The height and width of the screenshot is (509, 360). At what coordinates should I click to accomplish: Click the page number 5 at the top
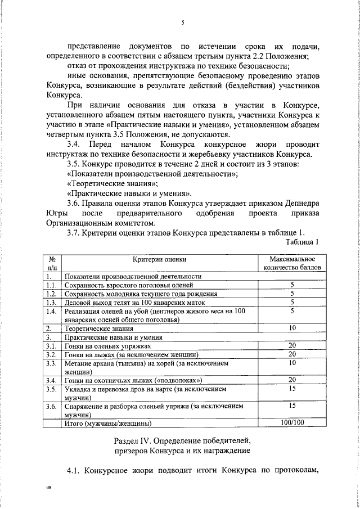point(183,22)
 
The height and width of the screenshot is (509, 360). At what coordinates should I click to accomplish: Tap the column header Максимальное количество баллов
point(292,263)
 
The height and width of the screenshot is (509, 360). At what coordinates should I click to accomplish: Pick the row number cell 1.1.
point(52,285)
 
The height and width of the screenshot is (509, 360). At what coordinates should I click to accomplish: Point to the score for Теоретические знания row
point(292,328)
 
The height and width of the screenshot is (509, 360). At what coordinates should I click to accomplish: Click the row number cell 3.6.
point(52,406)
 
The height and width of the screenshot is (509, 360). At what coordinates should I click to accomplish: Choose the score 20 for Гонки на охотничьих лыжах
point(292,380)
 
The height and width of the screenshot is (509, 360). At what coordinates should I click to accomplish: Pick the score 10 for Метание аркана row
point(292,363)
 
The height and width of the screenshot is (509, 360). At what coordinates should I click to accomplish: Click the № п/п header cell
point(52,263)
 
